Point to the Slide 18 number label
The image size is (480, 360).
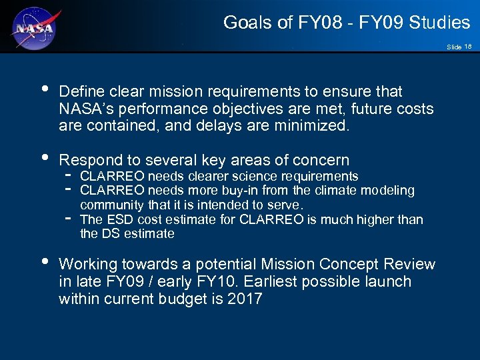click(x=459, y=47)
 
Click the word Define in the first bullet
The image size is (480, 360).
click(x=81, y=91)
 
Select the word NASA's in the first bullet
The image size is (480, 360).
click(x=85, y=109)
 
